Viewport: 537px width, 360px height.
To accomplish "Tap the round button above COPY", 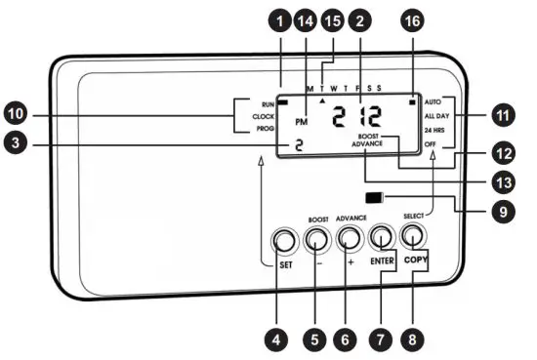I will coord(414,235).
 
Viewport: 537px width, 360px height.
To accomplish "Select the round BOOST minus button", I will coord(316,238).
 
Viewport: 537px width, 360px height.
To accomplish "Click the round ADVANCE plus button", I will coord(350,237).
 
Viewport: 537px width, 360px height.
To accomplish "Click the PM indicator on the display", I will coord(301,122).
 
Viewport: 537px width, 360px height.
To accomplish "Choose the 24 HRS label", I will coord(435,130).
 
